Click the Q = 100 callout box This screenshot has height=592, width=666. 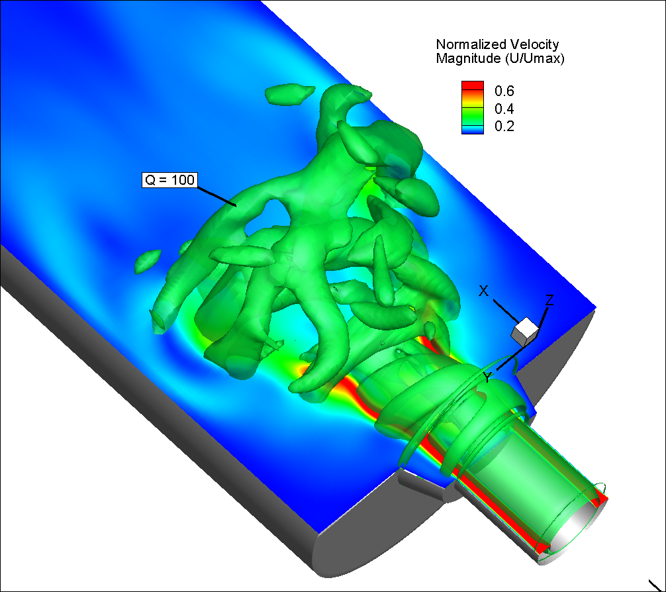(x=169, y=179)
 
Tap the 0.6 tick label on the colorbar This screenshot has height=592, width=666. (x=504, y=91)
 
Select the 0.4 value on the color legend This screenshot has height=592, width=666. (x=504, y=109)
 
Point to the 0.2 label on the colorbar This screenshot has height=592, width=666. (x=504, y=126)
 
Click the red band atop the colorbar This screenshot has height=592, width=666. (x=473, y=85)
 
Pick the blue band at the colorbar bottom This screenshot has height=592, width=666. (x=473, y=130)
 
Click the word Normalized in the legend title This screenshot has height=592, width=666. (x=471, y=44)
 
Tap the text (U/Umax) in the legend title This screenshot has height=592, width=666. (x=535, y=58)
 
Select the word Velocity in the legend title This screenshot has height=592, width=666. (x=534, y=44)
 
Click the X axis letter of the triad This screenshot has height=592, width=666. (x=483, y=291)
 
